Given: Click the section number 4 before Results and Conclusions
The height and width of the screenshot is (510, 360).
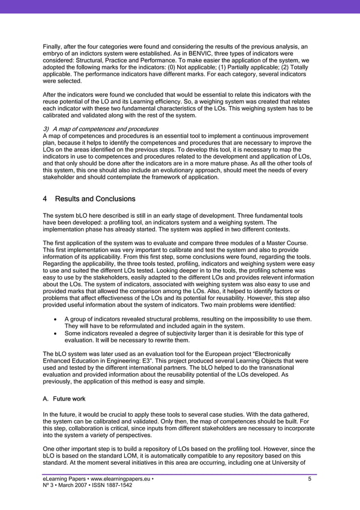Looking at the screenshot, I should click(x=45, y=199).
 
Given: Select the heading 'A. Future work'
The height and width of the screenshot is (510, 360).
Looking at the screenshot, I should click(x=64, y=398).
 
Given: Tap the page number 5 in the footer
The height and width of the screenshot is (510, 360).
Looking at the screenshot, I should click(x=309, y=480).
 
